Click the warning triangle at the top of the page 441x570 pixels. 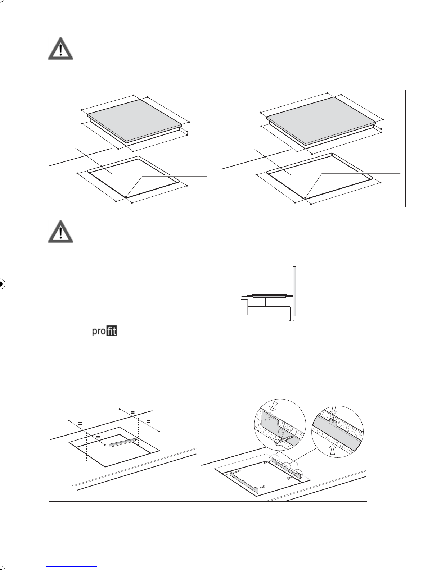60,49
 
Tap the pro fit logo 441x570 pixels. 104,331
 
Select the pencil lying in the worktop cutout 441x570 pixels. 123,443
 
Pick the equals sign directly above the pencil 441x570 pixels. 98,437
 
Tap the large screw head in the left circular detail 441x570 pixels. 278,443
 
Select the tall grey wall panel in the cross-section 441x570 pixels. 295,291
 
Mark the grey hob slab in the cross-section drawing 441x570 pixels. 270,296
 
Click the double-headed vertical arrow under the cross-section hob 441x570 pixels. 265,302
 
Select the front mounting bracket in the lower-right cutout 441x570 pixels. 244,482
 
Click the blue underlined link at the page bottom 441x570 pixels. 71,567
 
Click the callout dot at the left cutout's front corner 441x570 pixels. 126,196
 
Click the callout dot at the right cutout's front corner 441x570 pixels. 305,198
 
